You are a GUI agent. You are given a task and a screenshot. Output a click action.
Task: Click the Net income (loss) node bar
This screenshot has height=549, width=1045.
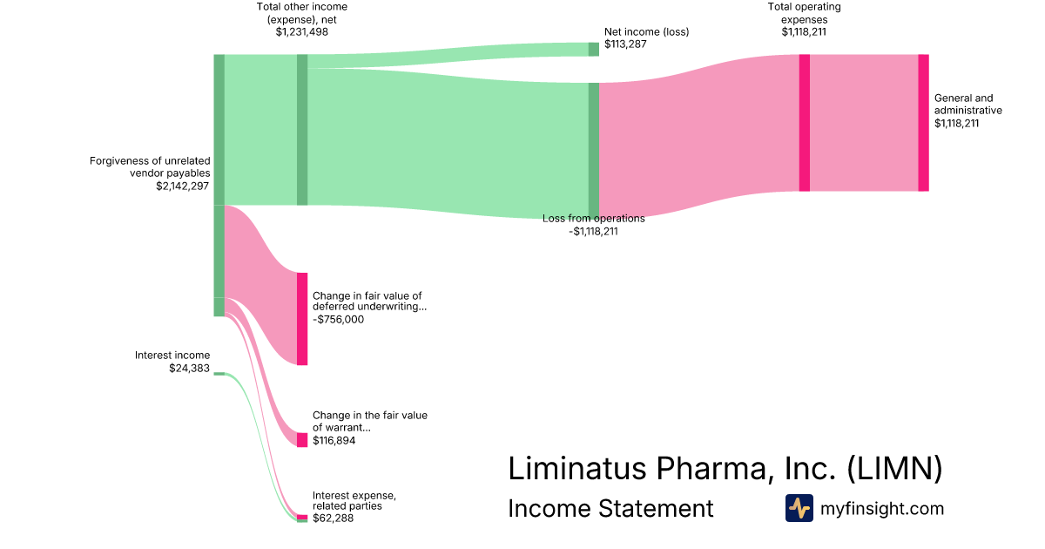593,49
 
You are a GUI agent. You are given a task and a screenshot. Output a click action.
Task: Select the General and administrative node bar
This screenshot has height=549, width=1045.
923,122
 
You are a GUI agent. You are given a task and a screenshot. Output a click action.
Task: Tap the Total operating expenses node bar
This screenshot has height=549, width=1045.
804,122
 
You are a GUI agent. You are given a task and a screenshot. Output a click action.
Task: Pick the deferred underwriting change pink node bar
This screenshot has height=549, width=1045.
302,319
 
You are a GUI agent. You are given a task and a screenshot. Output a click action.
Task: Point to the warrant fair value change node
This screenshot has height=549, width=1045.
302,440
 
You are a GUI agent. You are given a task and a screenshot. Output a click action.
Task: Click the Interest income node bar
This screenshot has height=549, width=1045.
219,374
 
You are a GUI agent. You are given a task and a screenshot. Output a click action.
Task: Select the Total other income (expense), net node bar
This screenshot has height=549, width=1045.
302,129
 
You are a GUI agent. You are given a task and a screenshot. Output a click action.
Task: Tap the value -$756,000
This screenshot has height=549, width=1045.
338,320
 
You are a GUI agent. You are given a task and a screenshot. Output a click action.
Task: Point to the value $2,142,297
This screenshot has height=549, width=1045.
182,186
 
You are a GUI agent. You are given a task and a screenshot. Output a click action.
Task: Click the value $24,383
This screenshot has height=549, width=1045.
189,369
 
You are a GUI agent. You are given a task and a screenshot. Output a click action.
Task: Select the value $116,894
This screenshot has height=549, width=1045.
334,441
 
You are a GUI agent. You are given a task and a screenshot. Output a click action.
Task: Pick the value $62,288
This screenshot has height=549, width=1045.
333,518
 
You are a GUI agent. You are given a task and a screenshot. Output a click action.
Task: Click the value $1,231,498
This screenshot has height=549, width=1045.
302,32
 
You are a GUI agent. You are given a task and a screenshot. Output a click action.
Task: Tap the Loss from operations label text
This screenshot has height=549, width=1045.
593,219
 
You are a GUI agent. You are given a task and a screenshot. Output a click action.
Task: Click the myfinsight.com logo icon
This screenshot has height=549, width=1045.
799,508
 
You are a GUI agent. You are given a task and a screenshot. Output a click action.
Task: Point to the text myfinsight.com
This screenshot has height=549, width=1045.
882,509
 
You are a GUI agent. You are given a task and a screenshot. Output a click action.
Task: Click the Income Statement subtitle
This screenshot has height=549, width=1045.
610,509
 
